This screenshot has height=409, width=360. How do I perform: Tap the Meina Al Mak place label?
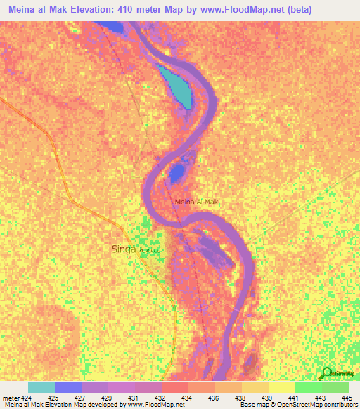[x=197, y=202]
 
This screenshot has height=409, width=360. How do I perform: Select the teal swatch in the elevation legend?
[x=41, y=387]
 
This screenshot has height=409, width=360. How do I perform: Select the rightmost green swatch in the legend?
[x=335, y=387]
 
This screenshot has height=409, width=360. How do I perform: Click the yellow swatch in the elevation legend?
[x=281, y=387]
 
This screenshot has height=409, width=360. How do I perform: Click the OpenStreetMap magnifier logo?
[x=327, y=372]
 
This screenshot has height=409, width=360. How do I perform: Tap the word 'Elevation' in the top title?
[x=86, y=10]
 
